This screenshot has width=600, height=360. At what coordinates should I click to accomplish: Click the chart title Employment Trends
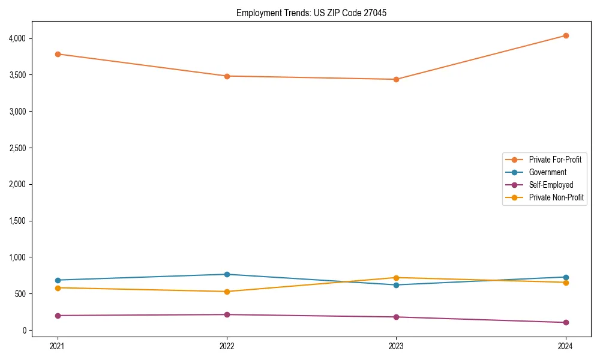tap(311, 13)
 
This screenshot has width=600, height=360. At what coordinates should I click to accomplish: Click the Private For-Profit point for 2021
tap(57, 54)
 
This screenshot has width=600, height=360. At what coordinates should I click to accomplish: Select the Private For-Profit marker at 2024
tap(565, 35)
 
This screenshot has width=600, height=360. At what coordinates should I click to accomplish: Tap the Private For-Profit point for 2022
tap(227, 76)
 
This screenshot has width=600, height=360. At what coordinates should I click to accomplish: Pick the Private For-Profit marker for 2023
tap(396, 79)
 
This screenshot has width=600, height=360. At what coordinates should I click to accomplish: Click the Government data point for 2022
tap(227, 274)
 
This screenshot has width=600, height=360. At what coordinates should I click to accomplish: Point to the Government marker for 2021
tap(57, 280)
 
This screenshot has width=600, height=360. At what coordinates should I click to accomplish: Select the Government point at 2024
tap(565, 277)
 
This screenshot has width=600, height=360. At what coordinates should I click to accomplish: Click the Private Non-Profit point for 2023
tap(396, 278)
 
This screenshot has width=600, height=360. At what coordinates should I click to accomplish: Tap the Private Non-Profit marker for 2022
tap(227, 292)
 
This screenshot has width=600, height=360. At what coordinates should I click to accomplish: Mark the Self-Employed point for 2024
tap(565, 322)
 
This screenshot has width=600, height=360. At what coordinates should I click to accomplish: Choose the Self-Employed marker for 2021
tap(57, 316)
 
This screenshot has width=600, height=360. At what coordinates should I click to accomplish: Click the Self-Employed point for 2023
tap(396, 317)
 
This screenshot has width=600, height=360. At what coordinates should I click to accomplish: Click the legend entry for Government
tap(547, 172)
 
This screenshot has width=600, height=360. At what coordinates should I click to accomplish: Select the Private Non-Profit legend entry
tap(556, 197)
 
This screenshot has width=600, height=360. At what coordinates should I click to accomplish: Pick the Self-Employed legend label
tap(551, 185)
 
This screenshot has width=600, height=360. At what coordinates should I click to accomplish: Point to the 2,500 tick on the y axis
tap(17, 148)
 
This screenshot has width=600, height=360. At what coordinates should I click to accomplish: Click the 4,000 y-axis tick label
tap(17, 38)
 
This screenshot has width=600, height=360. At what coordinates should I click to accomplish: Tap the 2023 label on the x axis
tap(396, 346)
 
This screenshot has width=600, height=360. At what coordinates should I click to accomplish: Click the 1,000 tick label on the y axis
tap(17, 257)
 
